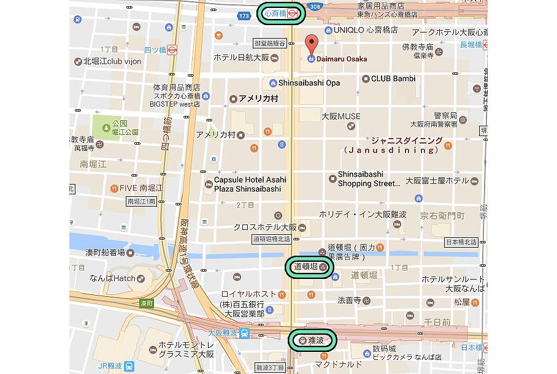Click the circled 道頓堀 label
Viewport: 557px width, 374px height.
[309, 267]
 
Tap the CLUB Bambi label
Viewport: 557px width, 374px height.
[393, 78]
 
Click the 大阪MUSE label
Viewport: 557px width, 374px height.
[341, 116]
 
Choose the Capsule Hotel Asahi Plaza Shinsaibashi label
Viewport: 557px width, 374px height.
[250, 184]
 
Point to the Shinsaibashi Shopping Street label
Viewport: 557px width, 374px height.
[369, 179]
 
